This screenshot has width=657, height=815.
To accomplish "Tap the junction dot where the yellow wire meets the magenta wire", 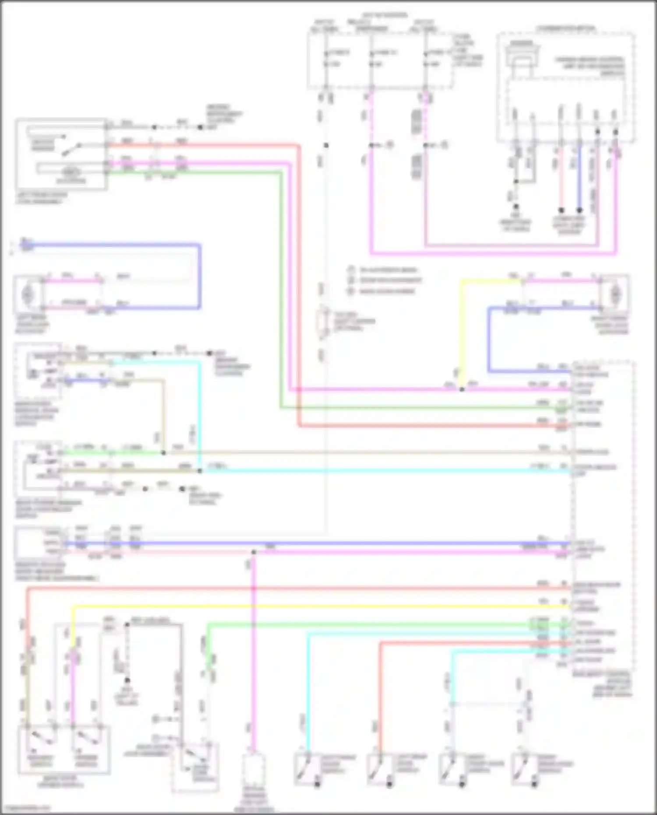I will pos(462,389).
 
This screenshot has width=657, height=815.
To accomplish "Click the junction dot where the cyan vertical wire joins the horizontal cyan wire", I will pos(200,471).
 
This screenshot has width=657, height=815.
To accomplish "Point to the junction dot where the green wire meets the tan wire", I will pos(163,452).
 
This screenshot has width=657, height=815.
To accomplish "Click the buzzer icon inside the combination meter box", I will pos(521,55).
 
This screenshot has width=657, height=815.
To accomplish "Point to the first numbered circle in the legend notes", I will pos(351,269).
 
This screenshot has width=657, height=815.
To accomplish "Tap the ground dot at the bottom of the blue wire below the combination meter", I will pos(579,210).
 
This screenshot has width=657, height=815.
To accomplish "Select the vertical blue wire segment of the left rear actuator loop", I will pos(199,276).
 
